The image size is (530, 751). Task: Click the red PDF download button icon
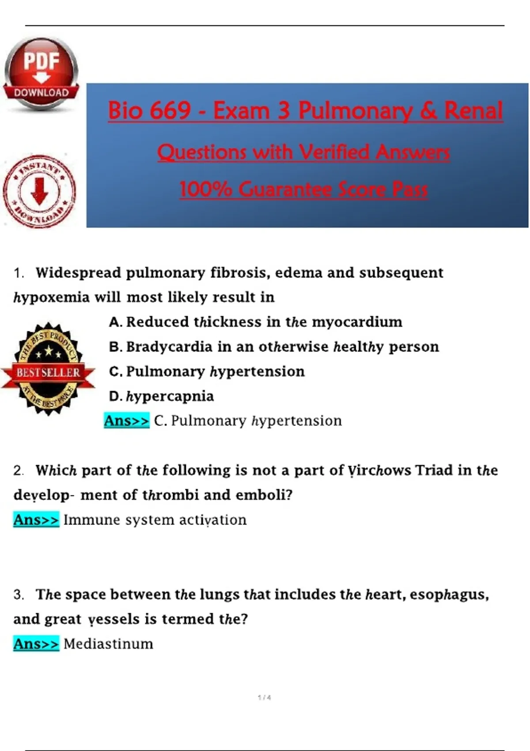pos(41,74)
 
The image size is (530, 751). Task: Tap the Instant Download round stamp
pos(40,191)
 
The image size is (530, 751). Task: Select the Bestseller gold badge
pos(48,369)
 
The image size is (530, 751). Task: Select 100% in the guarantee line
pos(205,189)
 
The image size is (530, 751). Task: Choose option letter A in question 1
pos(115,322)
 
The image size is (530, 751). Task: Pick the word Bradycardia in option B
pos(169,347)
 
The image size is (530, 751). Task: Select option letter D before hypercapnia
pos(115,397)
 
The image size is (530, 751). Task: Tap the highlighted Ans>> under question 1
pos(126,421)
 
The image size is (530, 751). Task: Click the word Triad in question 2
pos(434,470)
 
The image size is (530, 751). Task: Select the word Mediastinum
pos(108,644)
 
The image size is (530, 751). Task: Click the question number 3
pos(18,595)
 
